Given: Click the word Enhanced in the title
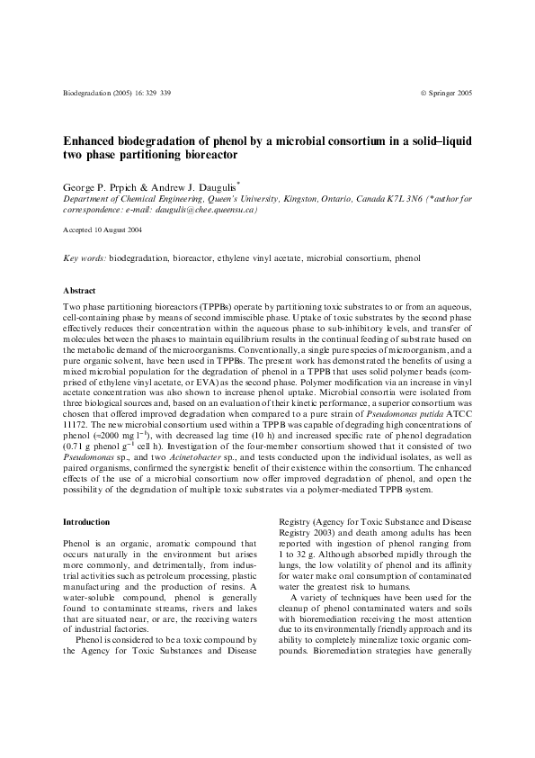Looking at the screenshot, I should pos(94,141).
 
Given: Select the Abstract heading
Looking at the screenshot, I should pos(78,292).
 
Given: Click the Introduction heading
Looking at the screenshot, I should pos(86,522).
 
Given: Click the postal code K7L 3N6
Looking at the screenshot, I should pos(405,198).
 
